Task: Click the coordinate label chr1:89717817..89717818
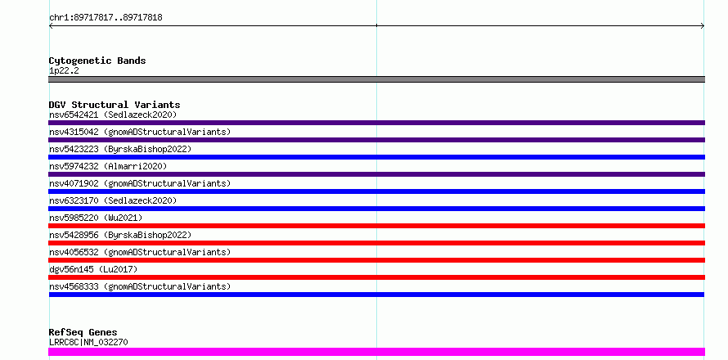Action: [x=106, y=18]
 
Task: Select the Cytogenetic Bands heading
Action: [x=97, y=61]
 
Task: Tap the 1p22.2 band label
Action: [x=64, y=70]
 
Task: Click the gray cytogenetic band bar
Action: [x=376, y=79]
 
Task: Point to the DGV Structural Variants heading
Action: [x=115, y=105]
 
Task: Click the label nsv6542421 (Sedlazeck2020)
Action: [x=113, y=115]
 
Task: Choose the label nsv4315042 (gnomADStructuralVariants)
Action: [x=140, y=132]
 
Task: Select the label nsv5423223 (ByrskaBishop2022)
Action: [x=120, y=149]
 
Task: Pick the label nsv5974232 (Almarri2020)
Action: [x=108, y=166]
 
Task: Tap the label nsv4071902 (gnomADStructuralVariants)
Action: [x=140, y=183]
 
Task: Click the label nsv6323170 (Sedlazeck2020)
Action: [x=113, y=200]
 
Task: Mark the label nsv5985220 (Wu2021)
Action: [x=96, y=218]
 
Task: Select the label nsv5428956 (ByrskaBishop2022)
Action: [x=120, y=235]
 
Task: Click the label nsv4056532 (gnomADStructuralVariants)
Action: [x=140, y=252]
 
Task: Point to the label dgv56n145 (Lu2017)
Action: [x=93, y=269]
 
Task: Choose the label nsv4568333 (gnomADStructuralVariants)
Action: [x=140, y=286]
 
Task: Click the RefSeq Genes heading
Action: [x=83, y=332]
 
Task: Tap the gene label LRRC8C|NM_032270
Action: [x=88, y=342]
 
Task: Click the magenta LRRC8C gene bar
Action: [x=376, y=352]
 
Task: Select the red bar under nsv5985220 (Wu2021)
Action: [x=376, y=226]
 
